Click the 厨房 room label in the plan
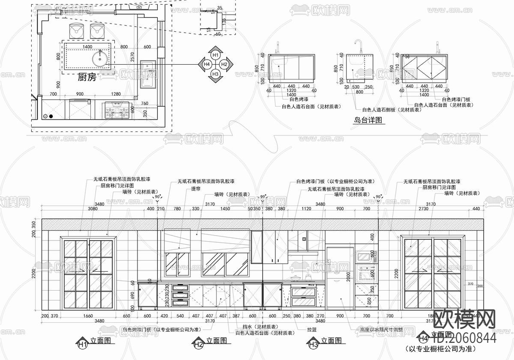pos(87,77)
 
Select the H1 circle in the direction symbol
pos(215,55)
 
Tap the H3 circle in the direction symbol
pos(215,74)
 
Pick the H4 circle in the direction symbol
pos(206,64)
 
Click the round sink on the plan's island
pos(100,57)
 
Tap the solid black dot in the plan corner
pos(51,116)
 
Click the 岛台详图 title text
pos(368,121)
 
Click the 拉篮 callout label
pos(311,330)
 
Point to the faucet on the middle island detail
pos(358,44)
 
